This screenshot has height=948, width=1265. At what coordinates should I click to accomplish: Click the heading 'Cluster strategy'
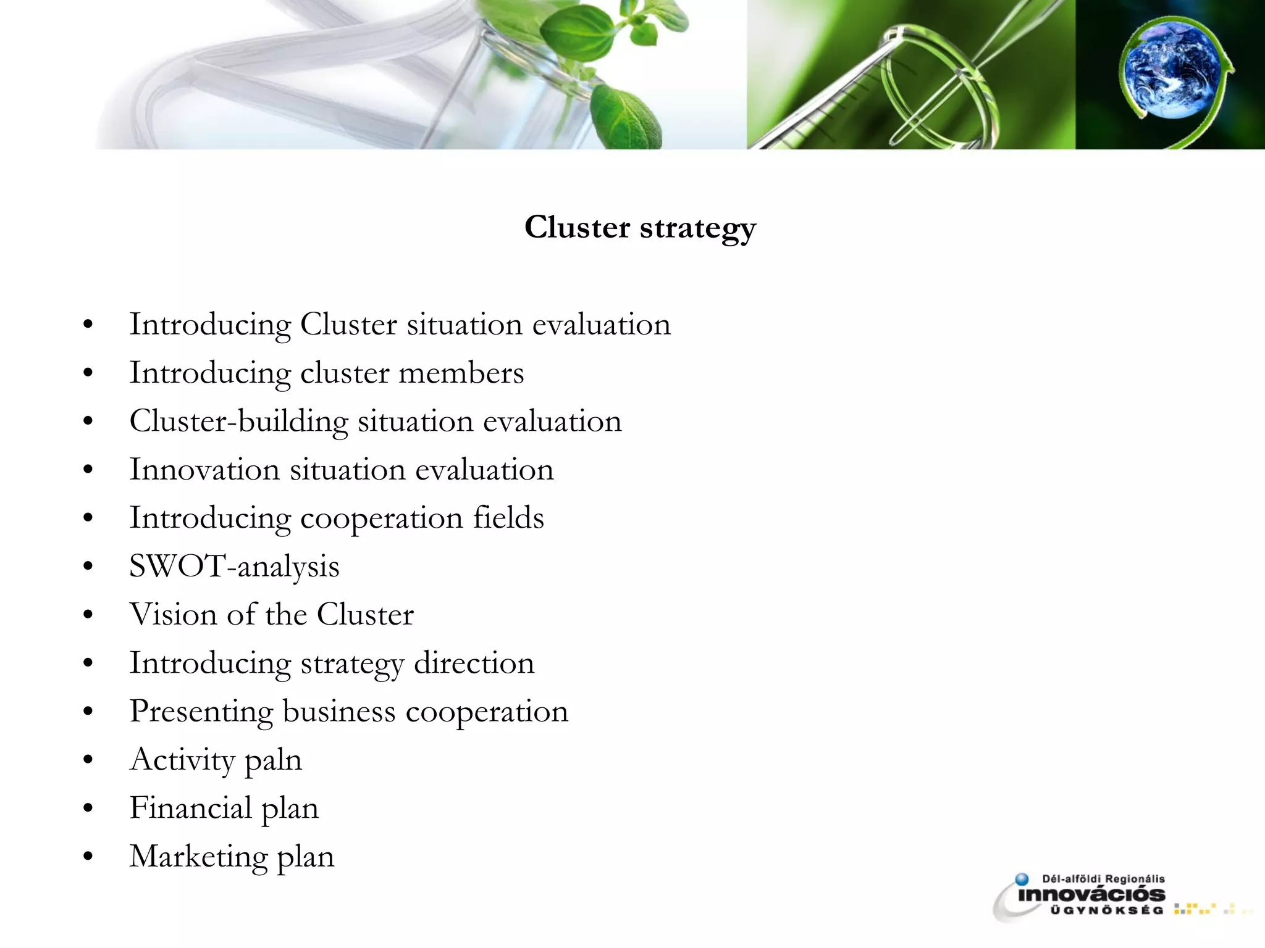click(640, 227)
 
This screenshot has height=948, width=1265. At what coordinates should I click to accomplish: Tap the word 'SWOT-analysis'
click(234, 567)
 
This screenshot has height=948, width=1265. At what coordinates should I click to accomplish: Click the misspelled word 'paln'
click(273, 760)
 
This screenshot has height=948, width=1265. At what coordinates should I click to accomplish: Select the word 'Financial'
click(190, 808)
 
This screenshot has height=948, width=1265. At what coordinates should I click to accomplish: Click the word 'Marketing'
click(198, 857)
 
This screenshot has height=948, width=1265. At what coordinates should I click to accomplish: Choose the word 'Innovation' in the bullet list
click(204, 470)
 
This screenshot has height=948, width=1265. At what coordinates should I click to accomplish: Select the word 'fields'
click(508, 518)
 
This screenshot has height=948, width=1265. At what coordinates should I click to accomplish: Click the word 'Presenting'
click(201, 712)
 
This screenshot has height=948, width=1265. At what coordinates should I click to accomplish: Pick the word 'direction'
click(474, 663)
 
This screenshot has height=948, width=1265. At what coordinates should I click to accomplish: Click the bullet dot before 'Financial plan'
click(88, 809)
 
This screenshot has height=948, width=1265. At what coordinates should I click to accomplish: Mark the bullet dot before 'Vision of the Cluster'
click(88, 615)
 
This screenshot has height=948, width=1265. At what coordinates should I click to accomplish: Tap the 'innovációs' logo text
click(1091, 895)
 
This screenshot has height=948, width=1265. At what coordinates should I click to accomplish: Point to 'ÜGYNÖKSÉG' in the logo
click(1106, 910)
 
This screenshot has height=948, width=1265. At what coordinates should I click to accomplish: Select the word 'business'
click(338, 712)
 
